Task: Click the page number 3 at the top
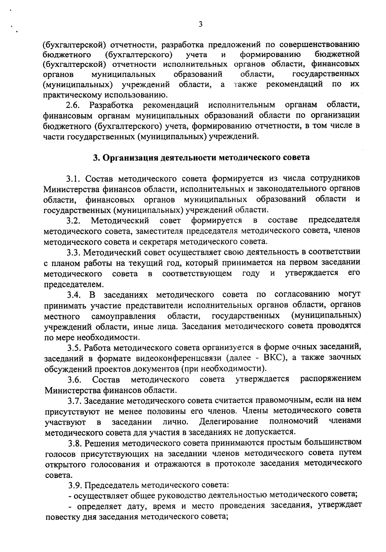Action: coord(200,24)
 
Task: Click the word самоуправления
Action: coord(124,316)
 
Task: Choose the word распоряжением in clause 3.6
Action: coord(330,379)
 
